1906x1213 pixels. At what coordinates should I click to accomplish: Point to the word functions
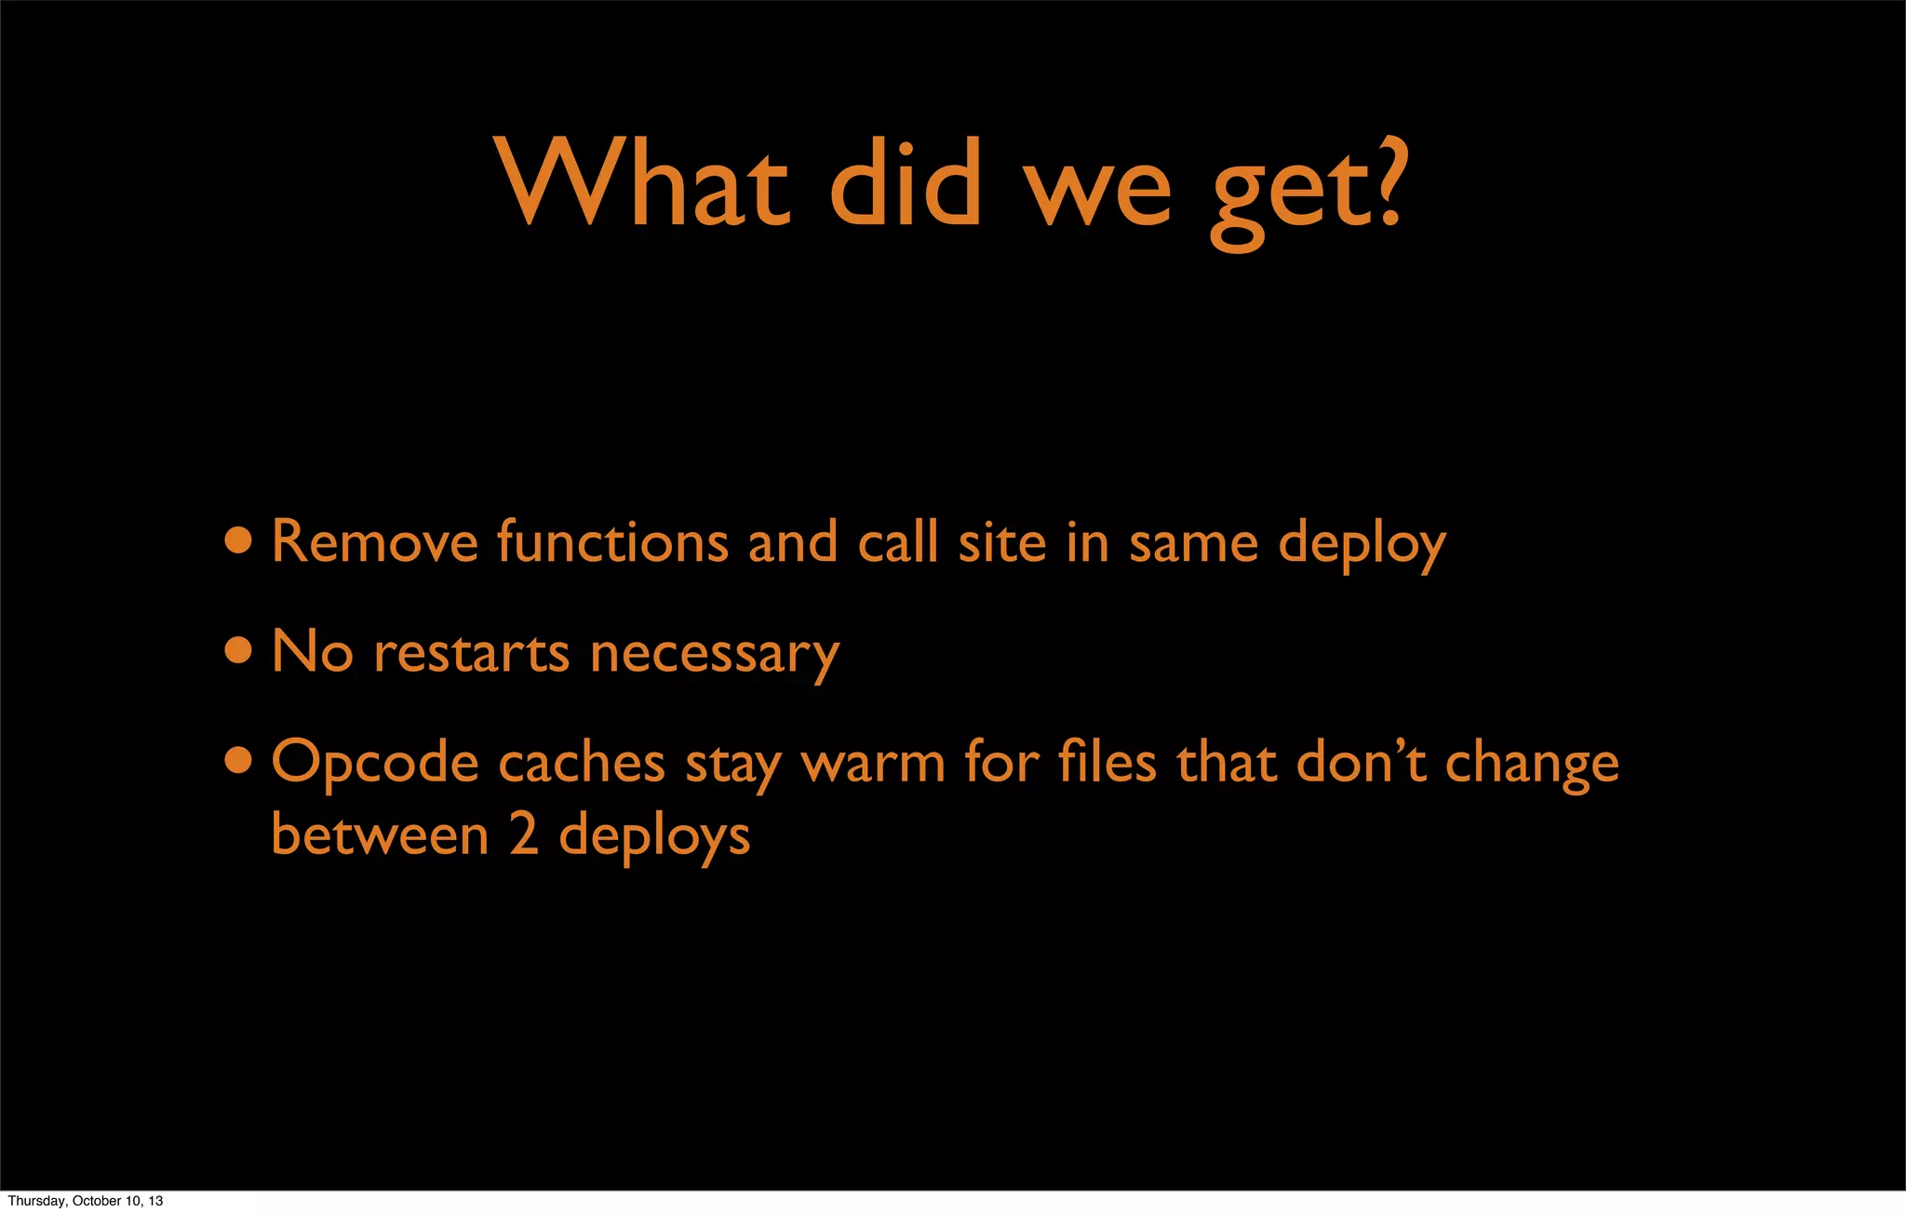[612, 541]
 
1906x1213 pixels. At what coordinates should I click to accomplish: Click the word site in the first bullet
[1002, 543]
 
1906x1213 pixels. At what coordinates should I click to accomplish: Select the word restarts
[471, 652]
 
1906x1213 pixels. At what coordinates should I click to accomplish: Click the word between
[380, 834]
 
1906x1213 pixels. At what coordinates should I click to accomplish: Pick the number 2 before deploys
[523, 834]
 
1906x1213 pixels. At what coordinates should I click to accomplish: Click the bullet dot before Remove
[238, 540]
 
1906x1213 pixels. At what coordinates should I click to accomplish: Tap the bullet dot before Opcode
[238, 761]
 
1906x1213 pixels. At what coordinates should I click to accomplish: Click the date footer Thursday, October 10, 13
[86, 1201]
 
